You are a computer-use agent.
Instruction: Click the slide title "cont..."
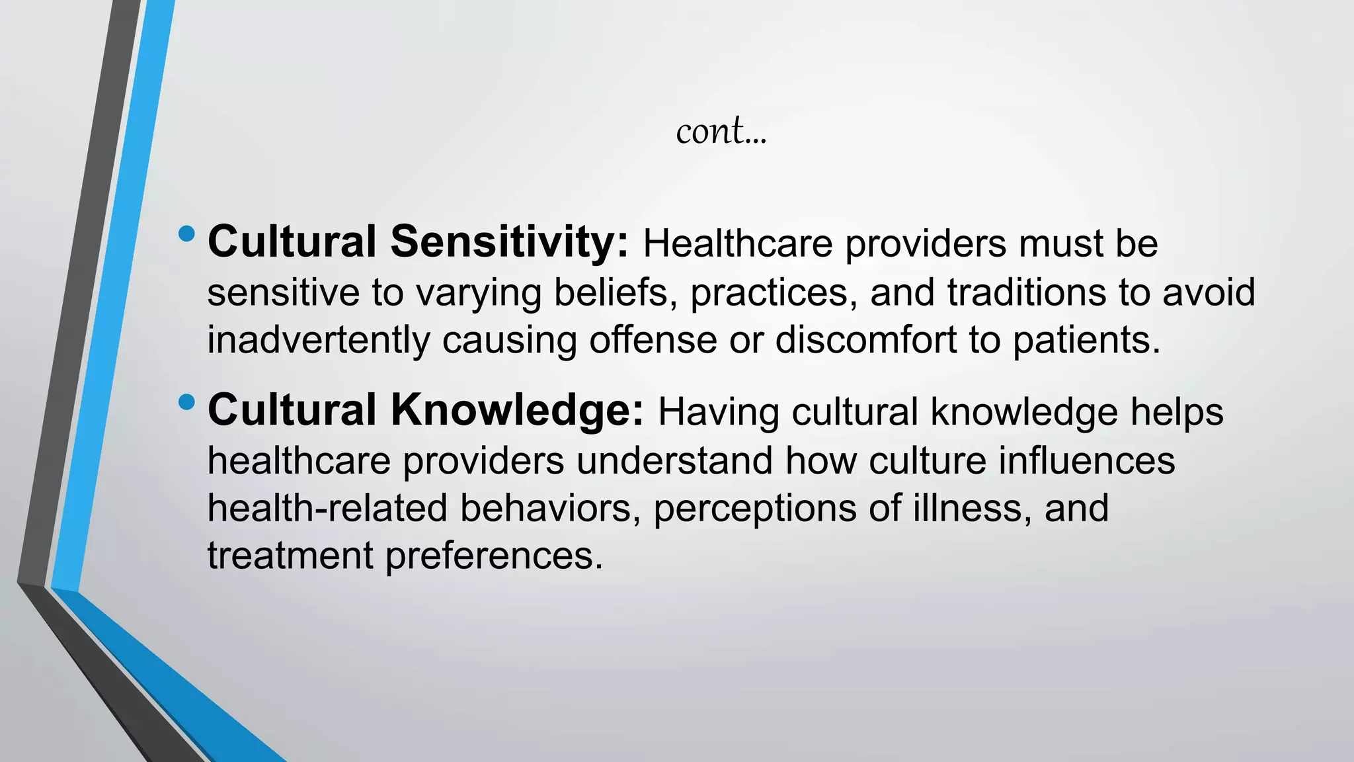[x=721, y=131]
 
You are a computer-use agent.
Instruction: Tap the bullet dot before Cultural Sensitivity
[x=187, y=233]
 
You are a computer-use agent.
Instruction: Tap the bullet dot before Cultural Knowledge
[x=187, y=402]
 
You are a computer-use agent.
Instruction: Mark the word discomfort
[x=865, y=341]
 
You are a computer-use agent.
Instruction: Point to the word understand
[x=674, y=460]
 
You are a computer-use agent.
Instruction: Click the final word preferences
[x=494, y=556]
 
